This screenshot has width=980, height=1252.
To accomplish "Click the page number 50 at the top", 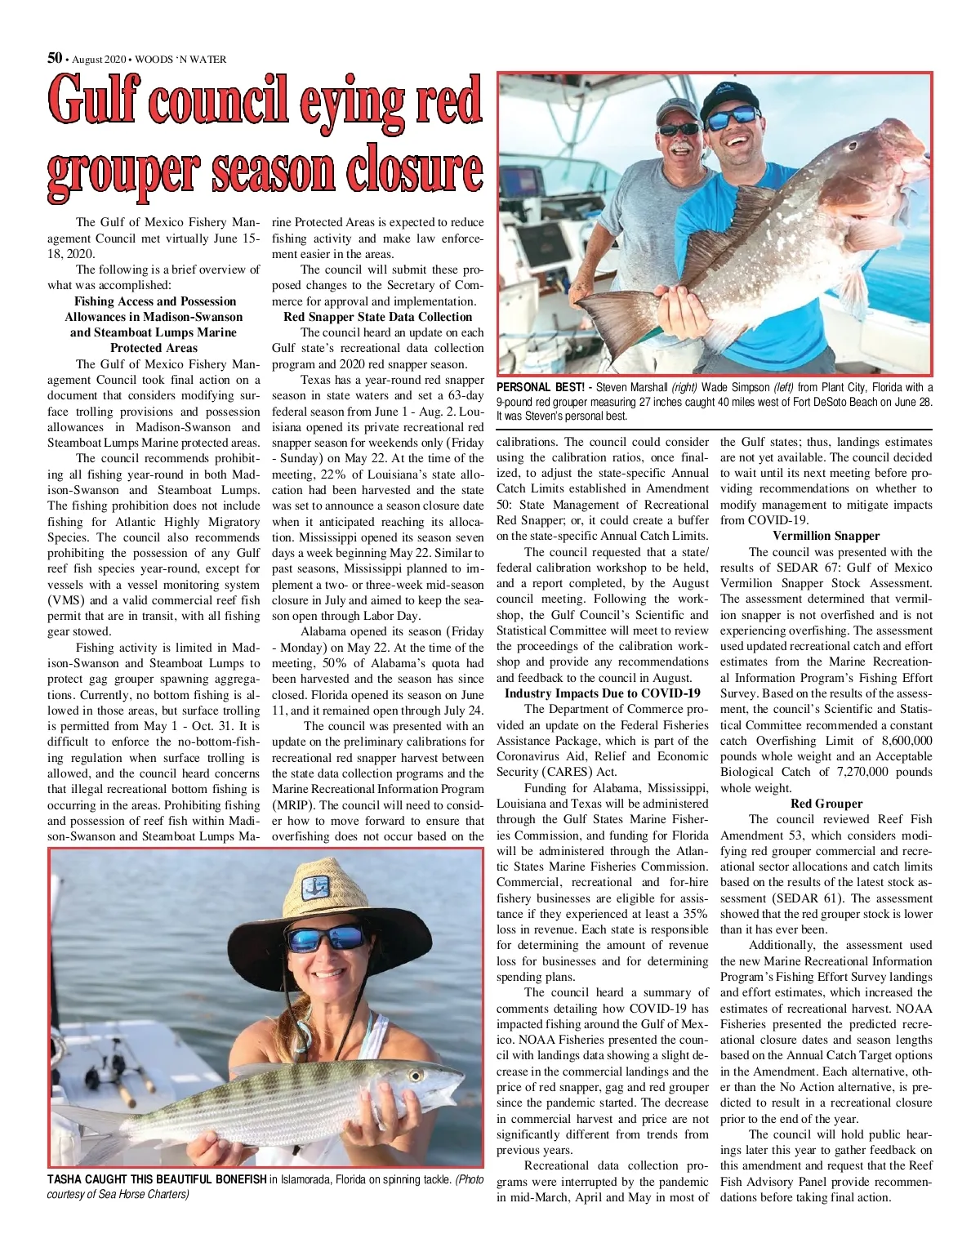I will (x=55, y=58).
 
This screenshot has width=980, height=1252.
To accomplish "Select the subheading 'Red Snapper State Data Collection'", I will (x=377, y=317).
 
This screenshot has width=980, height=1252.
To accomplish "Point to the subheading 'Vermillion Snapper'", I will (x=826, y=536).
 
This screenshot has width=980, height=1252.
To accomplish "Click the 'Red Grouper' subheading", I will (x=826, y=804).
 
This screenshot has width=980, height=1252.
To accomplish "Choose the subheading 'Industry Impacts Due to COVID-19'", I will (x=603, y=693).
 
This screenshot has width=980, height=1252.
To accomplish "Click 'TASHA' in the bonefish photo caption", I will (x=65, y=1179).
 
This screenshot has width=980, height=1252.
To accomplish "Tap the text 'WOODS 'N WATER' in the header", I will (x=180, y=60).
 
